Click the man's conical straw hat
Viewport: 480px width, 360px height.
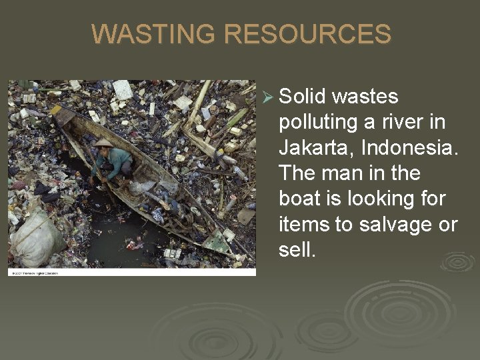click(x=104, y=142)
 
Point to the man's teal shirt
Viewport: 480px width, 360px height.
click(x=116, y=159)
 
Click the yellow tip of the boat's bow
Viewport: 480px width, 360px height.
click(x=56, y=109)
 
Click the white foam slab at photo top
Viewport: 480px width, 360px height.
click(x=122, y=89)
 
